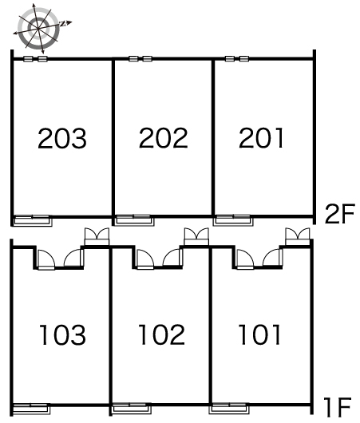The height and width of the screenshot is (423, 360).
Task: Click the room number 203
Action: coord(62,138)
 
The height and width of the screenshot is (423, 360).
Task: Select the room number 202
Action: coord(164,137)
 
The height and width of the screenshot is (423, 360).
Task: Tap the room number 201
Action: coord(261,137)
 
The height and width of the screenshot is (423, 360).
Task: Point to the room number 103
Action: coord(62,334)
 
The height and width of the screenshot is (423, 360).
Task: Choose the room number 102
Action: coord(162,334)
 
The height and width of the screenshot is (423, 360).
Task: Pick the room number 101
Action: coord(259,334)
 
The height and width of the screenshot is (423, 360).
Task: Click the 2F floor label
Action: coord(339,214)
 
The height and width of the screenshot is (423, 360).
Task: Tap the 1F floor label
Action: coord(338,407)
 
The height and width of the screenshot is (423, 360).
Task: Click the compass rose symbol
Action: coord(40,28)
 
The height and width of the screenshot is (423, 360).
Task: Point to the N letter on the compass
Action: coord(62,24)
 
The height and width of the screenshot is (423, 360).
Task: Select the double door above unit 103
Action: coord(97,236)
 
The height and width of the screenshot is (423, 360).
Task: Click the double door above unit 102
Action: coord(196,236)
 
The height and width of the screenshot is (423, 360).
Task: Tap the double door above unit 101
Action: coord(298,236)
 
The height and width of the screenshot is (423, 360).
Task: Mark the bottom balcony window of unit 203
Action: coord(32,220)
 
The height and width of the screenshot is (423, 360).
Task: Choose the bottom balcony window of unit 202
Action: coord(133,220)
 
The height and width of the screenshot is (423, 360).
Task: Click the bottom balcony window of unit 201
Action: coord(233,220)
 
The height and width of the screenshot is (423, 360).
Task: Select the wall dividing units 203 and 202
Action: coord(113,141)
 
